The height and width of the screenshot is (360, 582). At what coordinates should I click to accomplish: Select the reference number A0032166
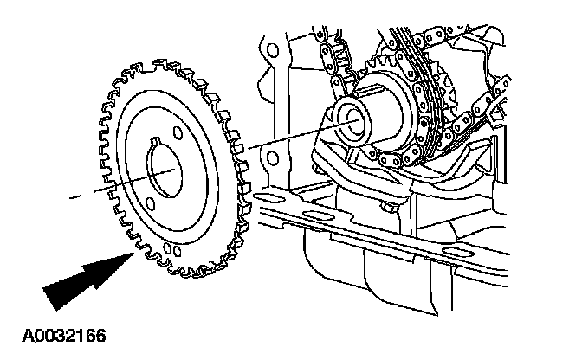(x=58, y=331)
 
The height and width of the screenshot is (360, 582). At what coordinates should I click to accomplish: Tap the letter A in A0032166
(x=17, y=331)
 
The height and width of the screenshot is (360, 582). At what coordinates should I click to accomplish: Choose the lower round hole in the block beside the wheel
(x=270, y=158)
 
